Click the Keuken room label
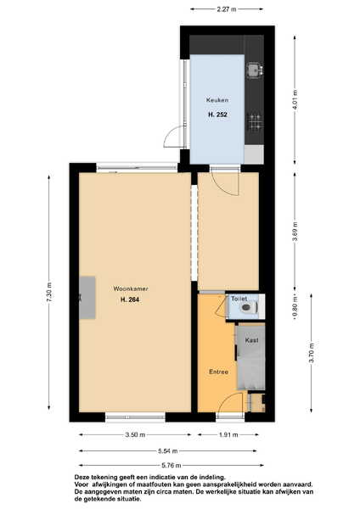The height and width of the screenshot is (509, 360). pyautogui.click(x=217, y=100)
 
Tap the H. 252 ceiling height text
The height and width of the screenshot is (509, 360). pyautogui.click(x=217, y=115)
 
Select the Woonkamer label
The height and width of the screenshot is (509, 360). pyautogui.click(x=131, y=288)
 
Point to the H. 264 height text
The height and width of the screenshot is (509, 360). pyautogui.click(x=130, y=300)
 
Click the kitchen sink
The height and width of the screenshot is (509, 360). pyautogui.click(x=254, y=70)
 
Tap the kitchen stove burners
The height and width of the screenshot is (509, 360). pyautogui.click(x=255, y=122)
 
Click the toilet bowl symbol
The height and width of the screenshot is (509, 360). pyautogui.click(x=250, y=307)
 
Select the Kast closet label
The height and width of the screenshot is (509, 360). pyautogui.click(x=252, y=340)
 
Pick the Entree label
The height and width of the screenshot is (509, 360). pyautogui.click(x=219, y=372)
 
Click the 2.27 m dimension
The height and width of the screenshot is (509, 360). pyautogui.click(x=227, y=9)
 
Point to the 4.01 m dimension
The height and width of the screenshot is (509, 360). pyautogui.click(x=295, y=99)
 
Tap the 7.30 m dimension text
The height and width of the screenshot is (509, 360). pyautogui.click(x=49, y=293)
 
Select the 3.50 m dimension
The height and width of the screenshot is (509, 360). pyautogui.click(x=135, y=434)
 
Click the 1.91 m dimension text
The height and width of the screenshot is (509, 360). pyautogui.click(x=228, y=434)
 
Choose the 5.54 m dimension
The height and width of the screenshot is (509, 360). pyautogui.click(x=167, y=451)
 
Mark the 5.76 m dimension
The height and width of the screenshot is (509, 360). pyautogui.click(x=172, y=466)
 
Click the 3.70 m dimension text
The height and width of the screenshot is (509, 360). pyautogui.click(x=312, y=353)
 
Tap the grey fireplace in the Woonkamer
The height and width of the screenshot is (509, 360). pyautogui.click(x=87, y=298)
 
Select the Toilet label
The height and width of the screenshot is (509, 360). pyautogui.click(x=239, y=299)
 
